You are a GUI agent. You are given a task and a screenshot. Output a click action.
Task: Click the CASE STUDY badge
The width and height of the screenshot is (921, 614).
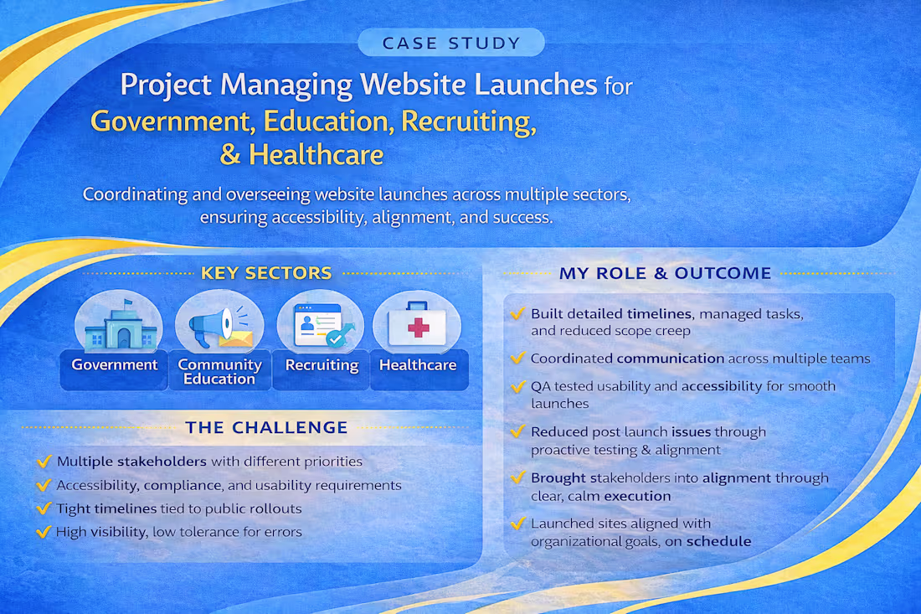[x=451, y=42]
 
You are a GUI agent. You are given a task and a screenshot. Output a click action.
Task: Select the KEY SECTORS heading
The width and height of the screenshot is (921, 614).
[x=266, y=273]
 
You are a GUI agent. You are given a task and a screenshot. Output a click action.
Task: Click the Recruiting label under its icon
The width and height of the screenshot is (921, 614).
[x=322, y=365]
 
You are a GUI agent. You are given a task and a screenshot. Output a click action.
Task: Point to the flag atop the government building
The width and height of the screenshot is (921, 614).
[x=128, y=304]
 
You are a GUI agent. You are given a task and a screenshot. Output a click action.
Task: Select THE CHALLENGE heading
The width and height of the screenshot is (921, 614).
[x=266, y=427]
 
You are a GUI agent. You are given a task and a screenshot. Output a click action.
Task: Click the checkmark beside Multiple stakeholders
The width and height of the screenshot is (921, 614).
[x=44, y=462]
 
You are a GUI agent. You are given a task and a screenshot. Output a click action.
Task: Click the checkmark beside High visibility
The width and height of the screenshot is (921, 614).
[x=44, y=532]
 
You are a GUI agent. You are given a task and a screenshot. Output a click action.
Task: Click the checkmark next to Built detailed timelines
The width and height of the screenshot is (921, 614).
[x=517, y=314]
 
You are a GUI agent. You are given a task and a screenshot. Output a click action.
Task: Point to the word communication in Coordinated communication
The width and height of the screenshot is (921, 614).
[x=670, y=359]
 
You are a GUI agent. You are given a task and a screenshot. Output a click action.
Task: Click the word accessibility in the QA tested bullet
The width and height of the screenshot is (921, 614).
[x=722, y=386]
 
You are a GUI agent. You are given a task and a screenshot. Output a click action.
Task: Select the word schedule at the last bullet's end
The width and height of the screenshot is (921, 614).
[x=718, y=541]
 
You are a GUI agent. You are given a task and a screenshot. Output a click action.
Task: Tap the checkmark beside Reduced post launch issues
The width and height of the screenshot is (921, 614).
[x=517, y=432]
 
